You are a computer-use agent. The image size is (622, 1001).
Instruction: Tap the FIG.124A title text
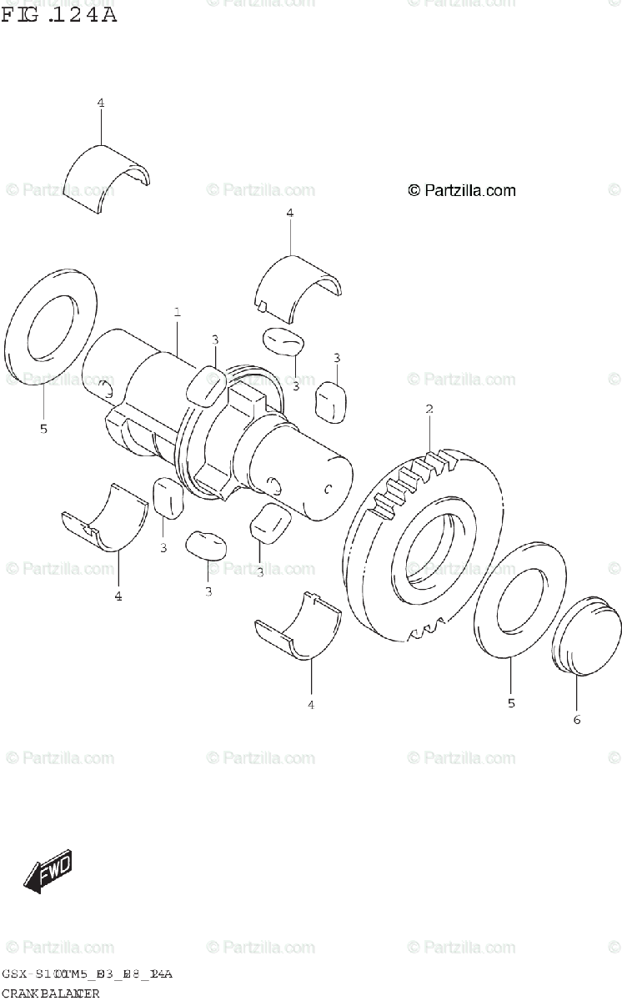pos(58,14)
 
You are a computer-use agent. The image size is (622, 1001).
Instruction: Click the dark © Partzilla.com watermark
pos(461,191)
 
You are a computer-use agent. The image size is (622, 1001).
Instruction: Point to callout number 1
pos(178,313)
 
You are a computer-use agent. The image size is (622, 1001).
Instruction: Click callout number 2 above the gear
pos(429,410)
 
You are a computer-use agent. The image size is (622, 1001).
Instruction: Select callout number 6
pos(576,719)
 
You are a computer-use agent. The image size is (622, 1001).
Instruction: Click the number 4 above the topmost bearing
pos(100,103)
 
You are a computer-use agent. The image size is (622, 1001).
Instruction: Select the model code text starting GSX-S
pos(87,974)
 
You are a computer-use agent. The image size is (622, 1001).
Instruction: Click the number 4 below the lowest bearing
pos(311,705)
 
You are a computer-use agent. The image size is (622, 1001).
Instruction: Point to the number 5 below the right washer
pos(511,703)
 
